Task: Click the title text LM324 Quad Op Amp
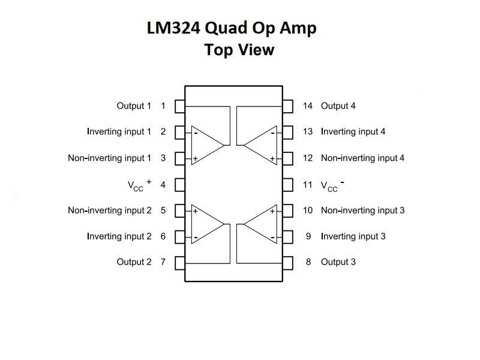point(232,28)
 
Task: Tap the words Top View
point(239,49)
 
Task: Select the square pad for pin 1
point(179,106)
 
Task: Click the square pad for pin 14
point(288,106)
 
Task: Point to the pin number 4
point(163,184)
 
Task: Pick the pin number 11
point(308,184)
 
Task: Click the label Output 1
point(134,106)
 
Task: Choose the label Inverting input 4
point(353,132)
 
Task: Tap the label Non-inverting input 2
point(110,211)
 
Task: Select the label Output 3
point(338,262)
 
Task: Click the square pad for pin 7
point(179,262)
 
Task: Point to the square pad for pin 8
point(288,262)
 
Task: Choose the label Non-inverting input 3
point(362,211)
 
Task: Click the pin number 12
point(308,158)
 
